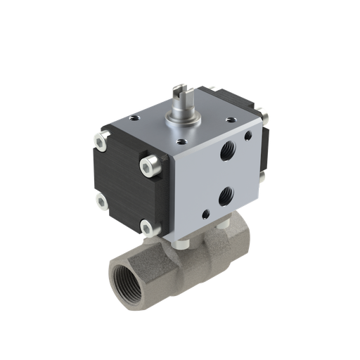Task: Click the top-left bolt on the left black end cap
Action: (102, 143)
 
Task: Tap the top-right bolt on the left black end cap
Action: (148, 166)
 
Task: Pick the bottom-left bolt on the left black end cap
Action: (102, 202)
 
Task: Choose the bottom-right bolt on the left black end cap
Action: (146, 226)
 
